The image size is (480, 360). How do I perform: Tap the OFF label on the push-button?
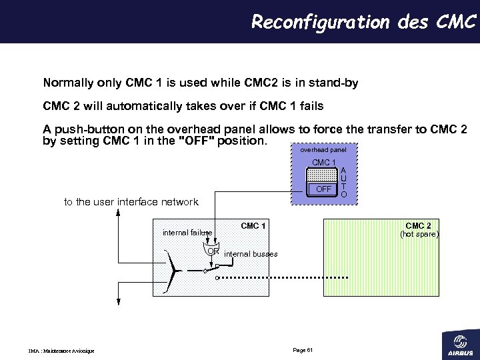coord(323,189)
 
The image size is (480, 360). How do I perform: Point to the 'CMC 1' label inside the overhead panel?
coord(323,163)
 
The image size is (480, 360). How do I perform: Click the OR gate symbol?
coord(213,251)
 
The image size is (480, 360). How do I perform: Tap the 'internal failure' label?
coord(187,233)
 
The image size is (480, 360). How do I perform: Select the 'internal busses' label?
coord(251,254)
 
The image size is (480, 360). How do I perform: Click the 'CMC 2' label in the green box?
coord(418,226)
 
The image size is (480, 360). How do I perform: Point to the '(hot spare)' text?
coord(419,234)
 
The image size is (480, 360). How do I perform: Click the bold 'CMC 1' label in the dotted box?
coord(253,226)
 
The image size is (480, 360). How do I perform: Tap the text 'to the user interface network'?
coord(131,202)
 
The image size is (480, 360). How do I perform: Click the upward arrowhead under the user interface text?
coord(118,214)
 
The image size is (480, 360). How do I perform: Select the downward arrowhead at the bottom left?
coord(118,301)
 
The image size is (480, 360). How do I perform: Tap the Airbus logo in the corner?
coord(459,343)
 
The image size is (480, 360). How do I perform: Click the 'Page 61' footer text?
coord(303,351)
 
